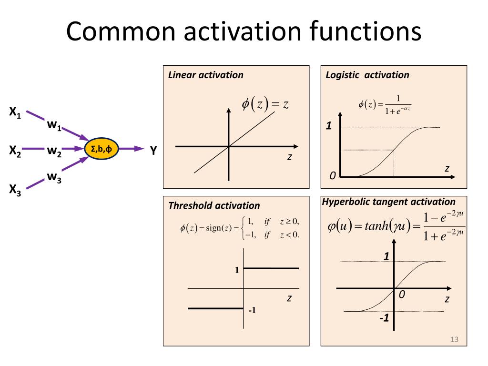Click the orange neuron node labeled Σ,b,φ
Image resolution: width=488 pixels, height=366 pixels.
102,149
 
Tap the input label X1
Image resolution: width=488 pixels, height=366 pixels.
15,113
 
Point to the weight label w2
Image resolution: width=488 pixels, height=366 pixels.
54,151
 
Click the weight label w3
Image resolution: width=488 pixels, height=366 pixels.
54,177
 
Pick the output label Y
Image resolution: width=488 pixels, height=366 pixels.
153,151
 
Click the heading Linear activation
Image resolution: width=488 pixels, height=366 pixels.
206,75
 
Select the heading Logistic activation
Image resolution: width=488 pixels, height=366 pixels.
367,75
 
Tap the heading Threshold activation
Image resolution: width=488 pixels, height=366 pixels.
214,205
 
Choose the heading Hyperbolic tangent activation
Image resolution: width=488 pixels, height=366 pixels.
389,202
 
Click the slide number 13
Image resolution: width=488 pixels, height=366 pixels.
454,339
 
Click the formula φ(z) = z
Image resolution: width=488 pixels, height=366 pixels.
265,104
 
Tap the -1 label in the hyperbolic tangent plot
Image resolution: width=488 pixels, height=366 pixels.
384,318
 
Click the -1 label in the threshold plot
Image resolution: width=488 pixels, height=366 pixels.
253,311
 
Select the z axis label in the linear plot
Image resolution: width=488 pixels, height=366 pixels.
289,158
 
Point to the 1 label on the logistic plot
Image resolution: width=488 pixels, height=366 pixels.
328,126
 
